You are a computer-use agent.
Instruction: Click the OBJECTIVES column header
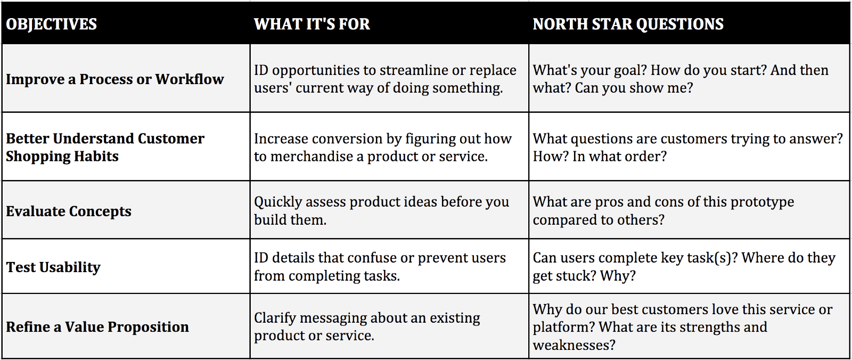click(x=52, y=24)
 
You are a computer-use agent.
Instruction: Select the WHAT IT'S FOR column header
click(x=312, y=24)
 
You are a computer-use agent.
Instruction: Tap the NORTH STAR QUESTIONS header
click(x=628, y=24)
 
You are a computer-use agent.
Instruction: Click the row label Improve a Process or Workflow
click(x=114, y=79)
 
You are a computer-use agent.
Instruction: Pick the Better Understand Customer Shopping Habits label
click(x=105, y=147)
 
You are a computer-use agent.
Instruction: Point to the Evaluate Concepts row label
click(x=69, y=211)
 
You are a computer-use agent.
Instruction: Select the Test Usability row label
click(x=53, y=267)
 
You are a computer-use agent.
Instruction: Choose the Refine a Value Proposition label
click(x=97, y=327)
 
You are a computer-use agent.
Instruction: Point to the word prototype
click(x=762, y=202)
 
